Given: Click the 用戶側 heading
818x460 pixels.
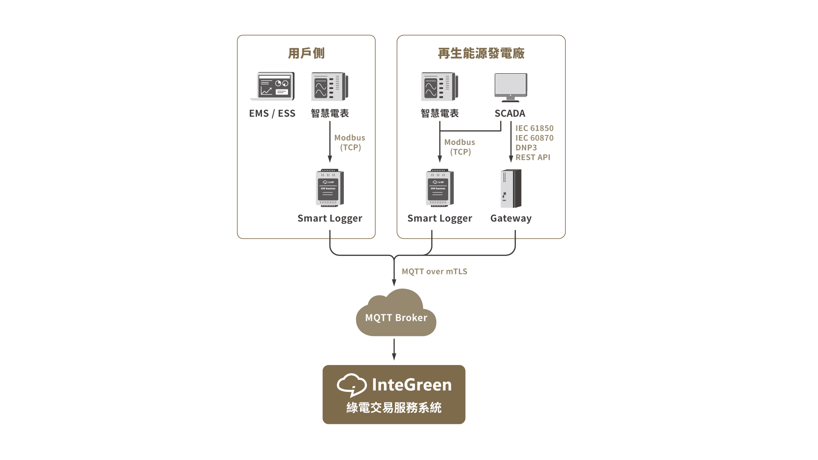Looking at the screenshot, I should (x=306, y=53).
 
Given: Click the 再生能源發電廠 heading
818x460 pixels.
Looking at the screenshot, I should (x=481, y=53).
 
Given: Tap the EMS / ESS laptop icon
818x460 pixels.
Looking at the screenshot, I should (x=272, y=86).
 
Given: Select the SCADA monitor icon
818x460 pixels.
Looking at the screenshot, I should (x=510, y=87).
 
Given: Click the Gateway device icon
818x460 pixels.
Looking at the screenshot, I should (x=511, y=188).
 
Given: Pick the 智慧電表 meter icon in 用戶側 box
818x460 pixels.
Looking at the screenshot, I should (x=329, y=86).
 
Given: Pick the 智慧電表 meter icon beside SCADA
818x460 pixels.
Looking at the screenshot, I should (x=440, y=86).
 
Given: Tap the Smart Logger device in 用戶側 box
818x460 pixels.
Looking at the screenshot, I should (x=330, y=188).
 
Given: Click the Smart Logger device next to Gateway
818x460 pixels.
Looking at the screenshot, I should (x=440, y=188).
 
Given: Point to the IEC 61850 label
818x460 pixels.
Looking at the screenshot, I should (x=534, y=128).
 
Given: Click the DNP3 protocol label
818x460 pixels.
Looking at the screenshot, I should (x=526, y=148).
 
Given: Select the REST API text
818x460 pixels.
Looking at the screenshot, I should (x=533, y=158).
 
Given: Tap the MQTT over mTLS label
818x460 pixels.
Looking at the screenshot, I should (x=434, y=272).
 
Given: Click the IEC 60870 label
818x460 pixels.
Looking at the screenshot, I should (x=534, y=138).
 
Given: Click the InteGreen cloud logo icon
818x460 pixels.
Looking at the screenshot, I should (x=351, y=385).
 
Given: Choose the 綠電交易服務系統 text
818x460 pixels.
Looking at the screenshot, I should (x=394, y=408).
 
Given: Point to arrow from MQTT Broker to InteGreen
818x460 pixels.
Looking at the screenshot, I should (x=394, y=349).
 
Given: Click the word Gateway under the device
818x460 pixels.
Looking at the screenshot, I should (x=511, y=218).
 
